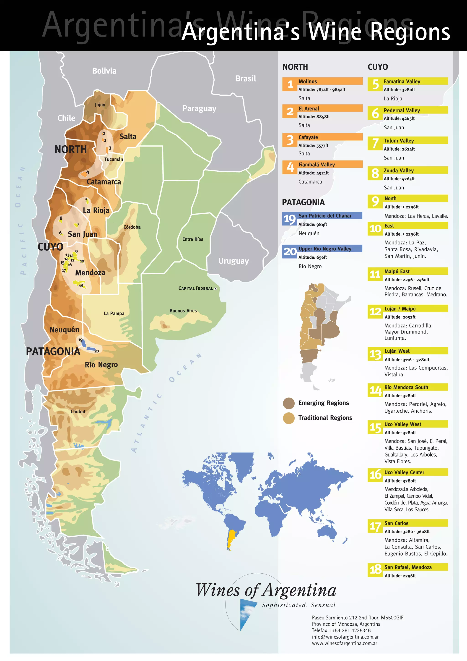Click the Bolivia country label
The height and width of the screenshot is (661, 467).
[104, 71]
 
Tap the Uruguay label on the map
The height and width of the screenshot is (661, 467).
[233, 261]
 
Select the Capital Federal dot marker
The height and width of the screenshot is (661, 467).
[215, 289]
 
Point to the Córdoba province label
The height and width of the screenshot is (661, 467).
[132, 227]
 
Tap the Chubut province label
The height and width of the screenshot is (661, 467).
[78, 411]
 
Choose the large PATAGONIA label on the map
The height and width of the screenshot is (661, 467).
[53, 351]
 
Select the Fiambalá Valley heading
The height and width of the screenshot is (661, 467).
[316, 164]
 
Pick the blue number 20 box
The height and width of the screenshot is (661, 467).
[290, 251]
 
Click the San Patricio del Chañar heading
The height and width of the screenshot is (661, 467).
[325, 216]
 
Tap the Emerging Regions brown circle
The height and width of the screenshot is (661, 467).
[288, 403]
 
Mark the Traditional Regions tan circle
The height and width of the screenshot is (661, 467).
[288, 418]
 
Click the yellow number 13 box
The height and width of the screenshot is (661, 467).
[375, 354]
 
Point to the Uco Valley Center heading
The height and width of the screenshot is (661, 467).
[404, 472]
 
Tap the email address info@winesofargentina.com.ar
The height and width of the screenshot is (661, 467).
[345, 637]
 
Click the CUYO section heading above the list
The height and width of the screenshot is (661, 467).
[378, 67]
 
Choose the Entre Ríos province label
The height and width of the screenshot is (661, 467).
[193, 239]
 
